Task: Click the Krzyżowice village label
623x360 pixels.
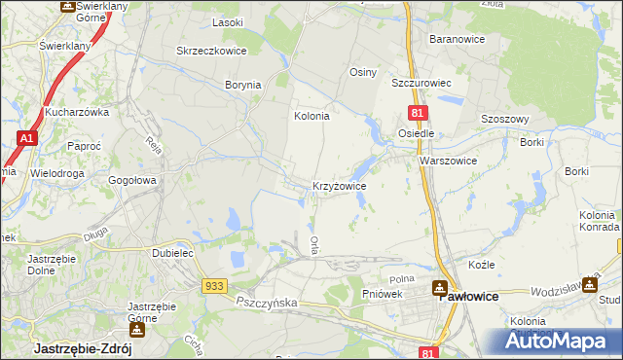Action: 339,185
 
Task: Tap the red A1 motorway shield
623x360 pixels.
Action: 27,141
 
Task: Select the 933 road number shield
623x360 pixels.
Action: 216,285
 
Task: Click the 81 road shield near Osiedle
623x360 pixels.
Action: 416,115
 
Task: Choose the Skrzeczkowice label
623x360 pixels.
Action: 210,51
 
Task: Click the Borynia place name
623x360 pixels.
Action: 243,86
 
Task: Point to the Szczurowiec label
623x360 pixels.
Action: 423,84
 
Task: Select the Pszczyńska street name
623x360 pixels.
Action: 266,304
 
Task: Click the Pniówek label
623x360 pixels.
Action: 383,293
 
